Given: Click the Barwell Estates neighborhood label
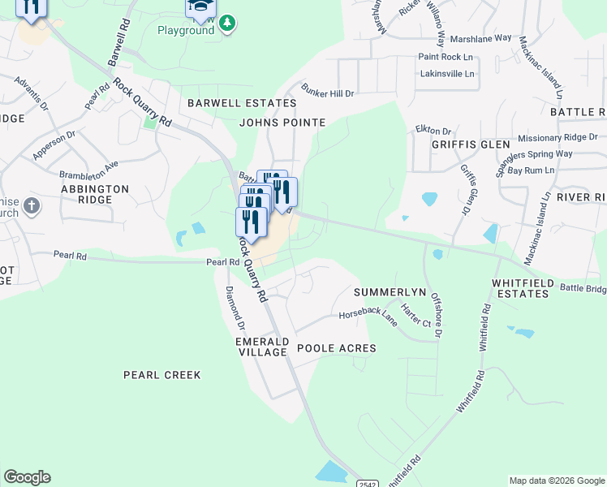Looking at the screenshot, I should point(242,103).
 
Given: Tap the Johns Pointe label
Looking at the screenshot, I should point(282,123).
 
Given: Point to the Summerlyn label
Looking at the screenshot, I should point(390,291).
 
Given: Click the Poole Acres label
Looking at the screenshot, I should point(336,348).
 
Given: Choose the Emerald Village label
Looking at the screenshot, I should point(261,347).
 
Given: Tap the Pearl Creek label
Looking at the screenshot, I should point(161,375).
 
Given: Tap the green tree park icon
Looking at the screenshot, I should point(228,24).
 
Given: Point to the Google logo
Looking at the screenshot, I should point(27,477).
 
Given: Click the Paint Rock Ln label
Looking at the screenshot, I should point(445,57).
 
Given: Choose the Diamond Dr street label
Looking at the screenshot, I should point(235,309).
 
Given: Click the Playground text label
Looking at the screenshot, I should point(186,30).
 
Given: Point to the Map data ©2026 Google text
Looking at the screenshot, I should point(556,481).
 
